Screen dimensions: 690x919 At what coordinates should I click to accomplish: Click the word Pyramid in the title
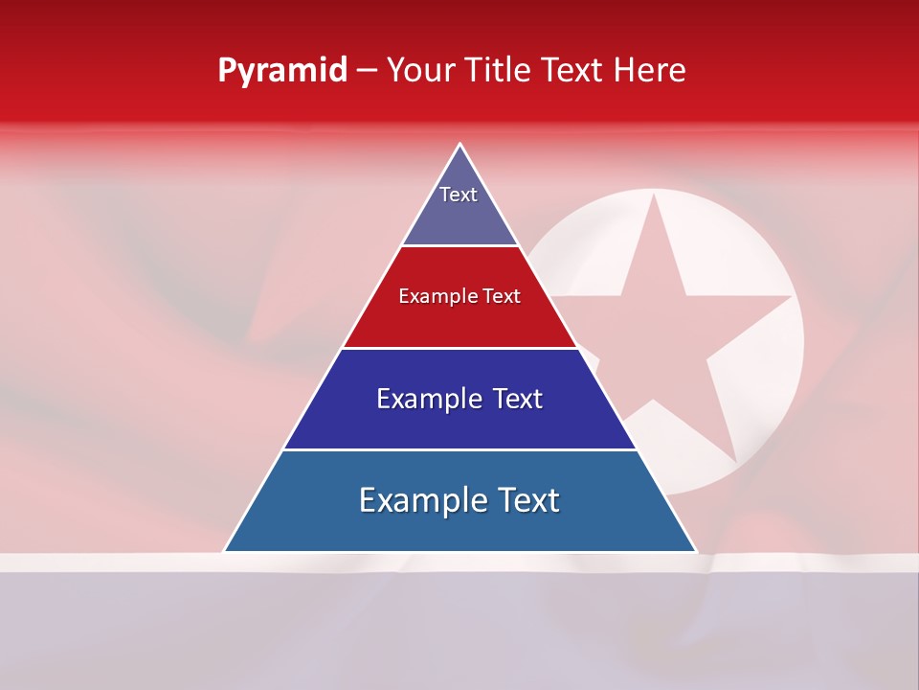tap(281, 71)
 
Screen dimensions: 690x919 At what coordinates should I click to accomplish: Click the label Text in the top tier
tap(459, 195)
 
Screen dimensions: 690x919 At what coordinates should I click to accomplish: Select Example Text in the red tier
tap(459, 296)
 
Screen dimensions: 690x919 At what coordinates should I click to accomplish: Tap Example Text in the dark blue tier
tap(459, 399)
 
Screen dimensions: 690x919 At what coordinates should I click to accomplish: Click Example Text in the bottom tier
tap(459, 500)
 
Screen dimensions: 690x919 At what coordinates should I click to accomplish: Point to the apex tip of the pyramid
tap(460, 145)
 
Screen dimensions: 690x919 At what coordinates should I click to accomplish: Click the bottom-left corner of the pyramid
tap(225, 551)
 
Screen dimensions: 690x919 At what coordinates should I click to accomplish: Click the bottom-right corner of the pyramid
tap(695, 551)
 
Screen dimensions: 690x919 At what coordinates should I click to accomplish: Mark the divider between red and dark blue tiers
tap(459, 348)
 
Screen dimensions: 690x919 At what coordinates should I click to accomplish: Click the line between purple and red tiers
tap(459, 246)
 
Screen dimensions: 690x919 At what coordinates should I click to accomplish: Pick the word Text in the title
tap(572, 70)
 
